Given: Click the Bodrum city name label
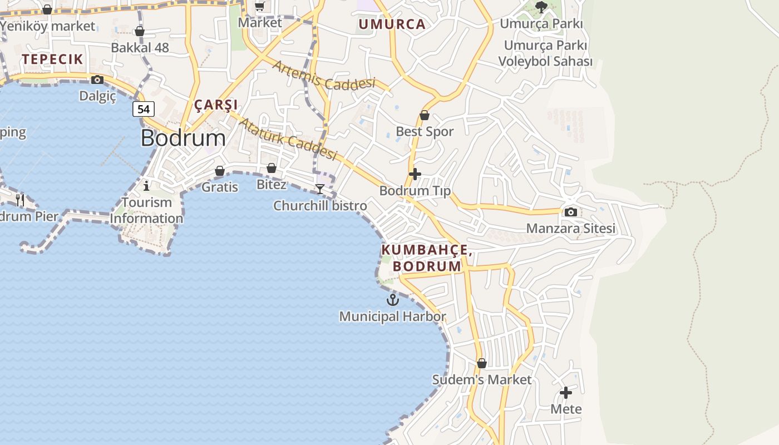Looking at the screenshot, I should tap(183, 138).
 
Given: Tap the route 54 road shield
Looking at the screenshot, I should tap(144, 109).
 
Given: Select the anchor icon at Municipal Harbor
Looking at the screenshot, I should tap(393, 300).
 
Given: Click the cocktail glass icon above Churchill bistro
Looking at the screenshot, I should tap(320, 189).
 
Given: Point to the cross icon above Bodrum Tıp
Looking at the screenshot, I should tap(415, 174).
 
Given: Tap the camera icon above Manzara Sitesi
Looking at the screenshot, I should tap(570, 212).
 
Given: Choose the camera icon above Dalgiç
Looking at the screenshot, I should tap(97, 80).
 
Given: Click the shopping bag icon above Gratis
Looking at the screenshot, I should tap(220, 171).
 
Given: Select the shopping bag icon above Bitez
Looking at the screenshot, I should tap(272, 168).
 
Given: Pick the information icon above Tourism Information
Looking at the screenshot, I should tap(146, 185).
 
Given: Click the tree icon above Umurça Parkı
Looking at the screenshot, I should tap(541, 7).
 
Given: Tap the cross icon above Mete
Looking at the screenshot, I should tap(566, 393).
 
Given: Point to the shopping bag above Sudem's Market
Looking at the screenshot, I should tap(482, 363).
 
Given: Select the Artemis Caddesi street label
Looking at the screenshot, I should tap(324, 76).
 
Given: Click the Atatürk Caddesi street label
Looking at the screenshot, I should tap(288, 139).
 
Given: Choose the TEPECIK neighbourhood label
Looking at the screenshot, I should tap(52, 59).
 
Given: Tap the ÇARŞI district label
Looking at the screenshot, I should tap(216, 105).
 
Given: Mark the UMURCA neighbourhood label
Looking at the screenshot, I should tap(392, 24).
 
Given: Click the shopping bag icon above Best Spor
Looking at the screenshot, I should tap(425, 115).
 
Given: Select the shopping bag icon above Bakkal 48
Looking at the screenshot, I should tap(140, 31).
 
